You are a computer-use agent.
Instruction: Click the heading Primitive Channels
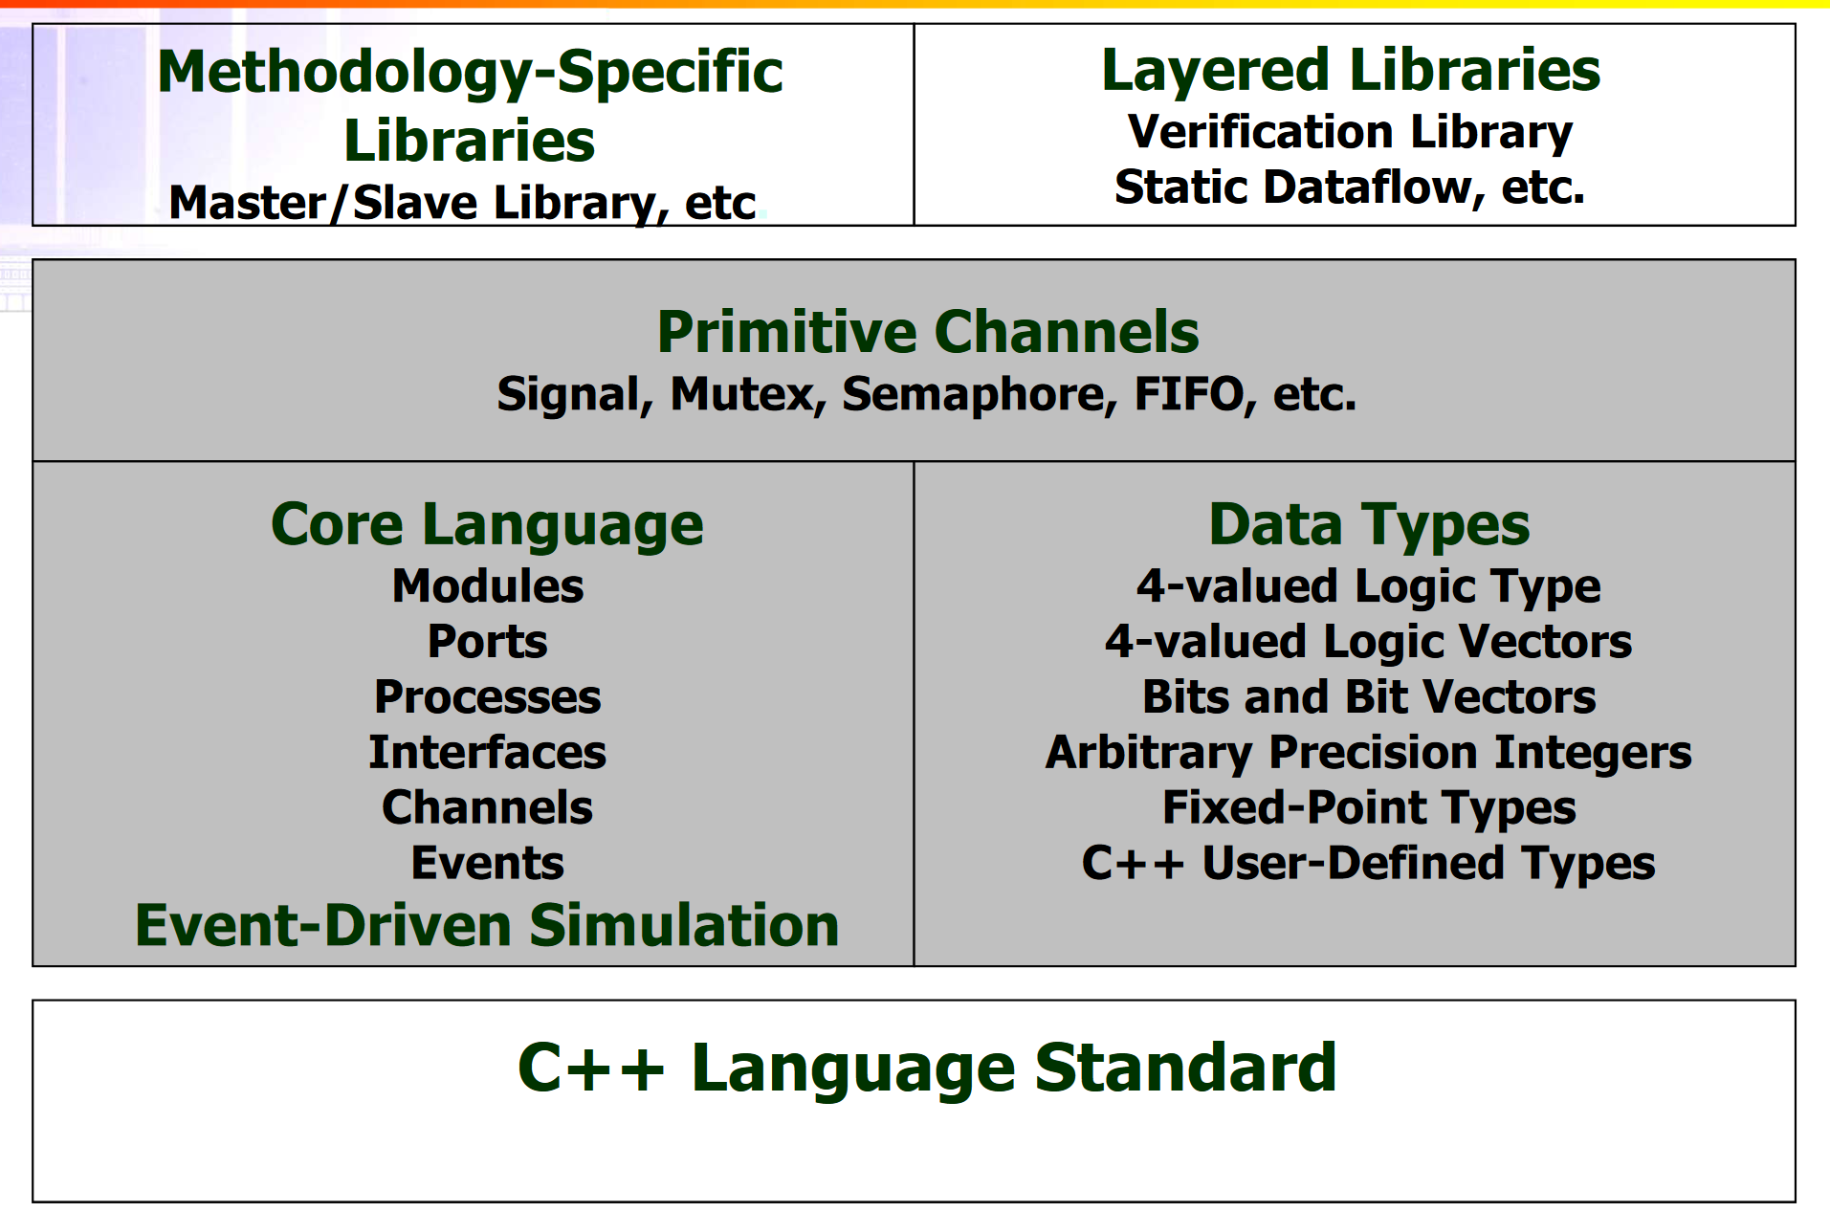928,332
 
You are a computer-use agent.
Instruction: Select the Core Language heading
487,525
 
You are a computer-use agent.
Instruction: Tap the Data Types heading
1369,525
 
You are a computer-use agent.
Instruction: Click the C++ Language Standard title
927,1067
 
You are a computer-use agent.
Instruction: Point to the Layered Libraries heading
1351,70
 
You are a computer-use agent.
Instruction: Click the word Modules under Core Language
488,585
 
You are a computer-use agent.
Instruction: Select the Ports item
488,641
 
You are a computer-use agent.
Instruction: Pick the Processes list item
488,696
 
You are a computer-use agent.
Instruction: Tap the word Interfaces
488,752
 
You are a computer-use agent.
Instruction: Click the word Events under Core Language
488,863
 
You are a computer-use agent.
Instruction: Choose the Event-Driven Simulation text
487,925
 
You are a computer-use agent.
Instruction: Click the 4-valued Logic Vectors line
1369,641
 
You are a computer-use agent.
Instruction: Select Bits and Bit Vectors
1369,696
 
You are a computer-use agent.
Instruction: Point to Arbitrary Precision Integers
1369,752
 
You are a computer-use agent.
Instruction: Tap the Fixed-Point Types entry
1369,807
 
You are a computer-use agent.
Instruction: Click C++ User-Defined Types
1369,863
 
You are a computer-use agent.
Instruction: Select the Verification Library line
1351,132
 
